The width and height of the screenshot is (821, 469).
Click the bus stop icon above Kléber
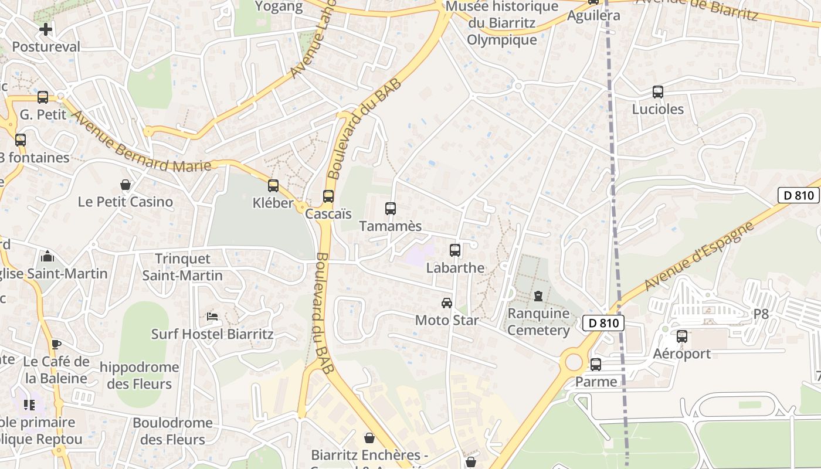tap(273, 186)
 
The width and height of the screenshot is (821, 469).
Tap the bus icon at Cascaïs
tap(328, 196)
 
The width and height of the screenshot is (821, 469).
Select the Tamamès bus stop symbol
tap(390, 208)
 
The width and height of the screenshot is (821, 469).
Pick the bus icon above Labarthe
tap(454, 250)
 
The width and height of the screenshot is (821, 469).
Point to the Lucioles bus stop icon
tap(657, 92)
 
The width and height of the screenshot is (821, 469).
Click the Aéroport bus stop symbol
tap(681, 337)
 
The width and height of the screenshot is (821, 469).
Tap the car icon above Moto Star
tap(447, 303)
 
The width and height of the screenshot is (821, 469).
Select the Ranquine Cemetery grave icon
tap(538, 296)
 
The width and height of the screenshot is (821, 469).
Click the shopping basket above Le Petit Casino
tap(125, 185)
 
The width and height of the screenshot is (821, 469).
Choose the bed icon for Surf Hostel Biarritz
tap(212, 317)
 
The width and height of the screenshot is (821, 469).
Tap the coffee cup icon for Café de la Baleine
tap(56, 344)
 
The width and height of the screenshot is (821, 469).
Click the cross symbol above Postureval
tap(46, 29)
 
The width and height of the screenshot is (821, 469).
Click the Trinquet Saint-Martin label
tap(182, 267)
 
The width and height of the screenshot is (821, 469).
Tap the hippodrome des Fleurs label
tap(140, 376)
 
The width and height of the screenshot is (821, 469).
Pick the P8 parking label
tap(761, 314)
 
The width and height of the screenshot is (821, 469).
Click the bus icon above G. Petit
tap(43, 97)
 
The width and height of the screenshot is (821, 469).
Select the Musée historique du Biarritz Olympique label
tap(502, 23)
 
